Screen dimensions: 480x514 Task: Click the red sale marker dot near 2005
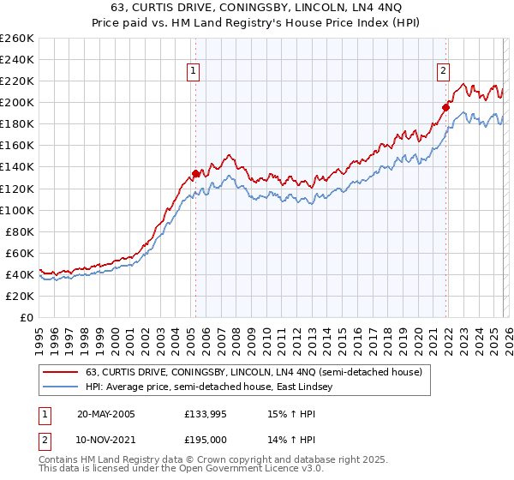(195, 173)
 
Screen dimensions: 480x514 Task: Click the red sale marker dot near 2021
(446, 107)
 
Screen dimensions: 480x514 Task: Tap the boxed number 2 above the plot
(444, 72)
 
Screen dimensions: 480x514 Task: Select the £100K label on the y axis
(16, 210)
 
